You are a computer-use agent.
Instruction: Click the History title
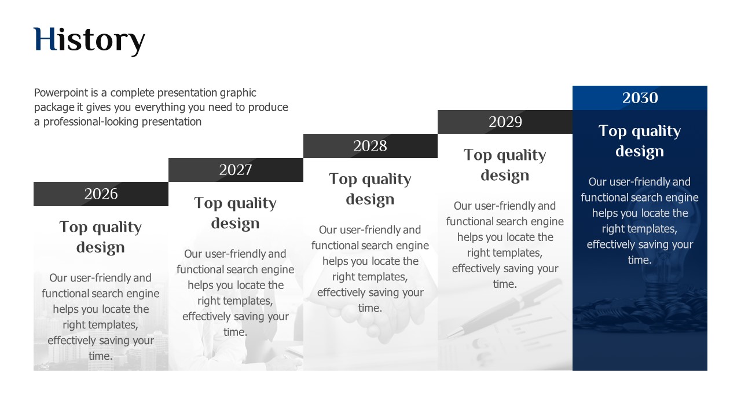coord(89,41)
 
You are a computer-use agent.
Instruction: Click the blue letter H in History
coord(45,39)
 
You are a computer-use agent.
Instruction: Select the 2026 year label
coord(101,193)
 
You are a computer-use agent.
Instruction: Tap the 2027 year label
coord(236,170)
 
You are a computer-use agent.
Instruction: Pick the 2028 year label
coord(370,145)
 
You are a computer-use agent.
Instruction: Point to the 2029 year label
coord(505,122)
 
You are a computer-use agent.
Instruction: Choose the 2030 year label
coord(640,98)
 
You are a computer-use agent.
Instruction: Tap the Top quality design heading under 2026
coord(101,237)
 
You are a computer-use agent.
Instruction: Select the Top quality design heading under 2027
coord(235,213)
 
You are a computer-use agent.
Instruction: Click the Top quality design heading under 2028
coord(370,189)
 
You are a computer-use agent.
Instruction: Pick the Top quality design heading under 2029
coord(505,165)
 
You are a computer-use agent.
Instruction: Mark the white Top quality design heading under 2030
coord(640,141)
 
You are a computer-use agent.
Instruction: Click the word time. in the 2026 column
coord(101,356)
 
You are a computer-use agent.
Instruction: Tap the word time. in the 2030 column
coord(640,260)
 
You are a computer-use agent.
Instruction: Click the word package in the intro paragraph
coord(54,108)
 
